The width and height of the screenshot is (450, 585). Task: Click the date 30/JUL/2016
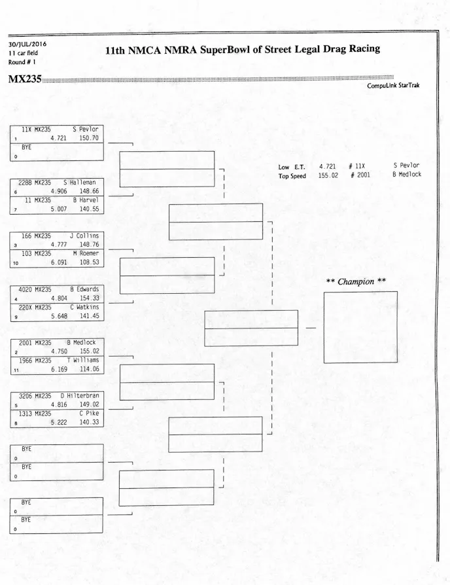coord(27,44)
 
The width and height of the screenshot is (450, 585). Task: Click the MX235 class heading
coord(24,79)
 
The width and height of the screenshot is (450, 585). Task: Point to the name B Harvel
coord(85,200)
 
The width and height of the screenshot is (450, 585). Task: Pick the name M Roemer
coord(85,253)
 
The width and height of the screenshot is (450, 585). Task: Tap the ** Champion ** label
coord(356,282)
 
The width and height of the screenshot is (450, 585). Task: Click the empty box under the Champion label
coord(360,327)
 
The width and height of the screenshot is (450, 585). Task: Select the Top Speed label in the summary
coord(292,176)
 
